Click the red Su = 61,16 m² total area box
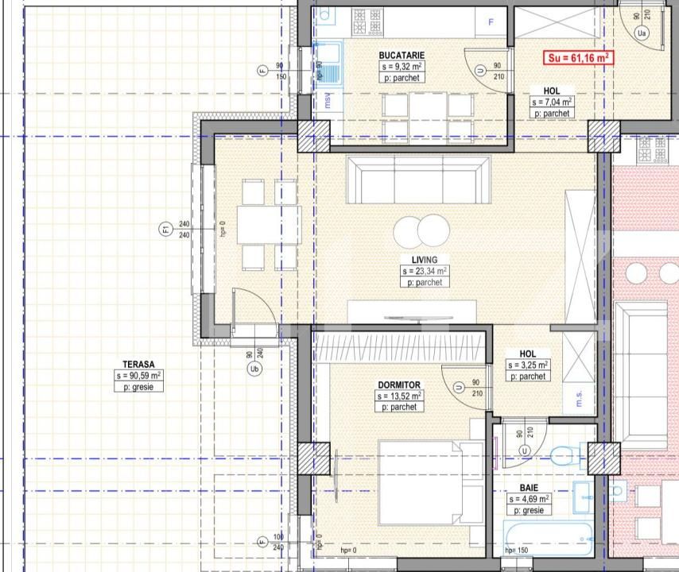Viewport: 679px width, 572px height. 578,57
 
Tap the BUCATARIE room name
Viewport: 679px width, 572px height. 402,55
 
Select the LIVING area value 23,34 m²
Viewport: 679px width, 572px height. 425,271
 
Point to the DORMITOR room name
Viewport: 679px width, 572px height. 399,384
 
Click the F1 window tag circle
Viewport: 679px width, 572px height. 165,230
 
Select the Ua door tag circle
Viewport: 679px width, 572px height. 642,33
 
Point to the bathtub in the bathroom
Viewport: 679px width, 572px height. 548,539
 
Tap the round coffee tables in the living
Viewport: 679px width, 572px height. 419,232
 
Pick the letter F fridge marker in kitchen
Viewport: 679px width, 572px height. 491,22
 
